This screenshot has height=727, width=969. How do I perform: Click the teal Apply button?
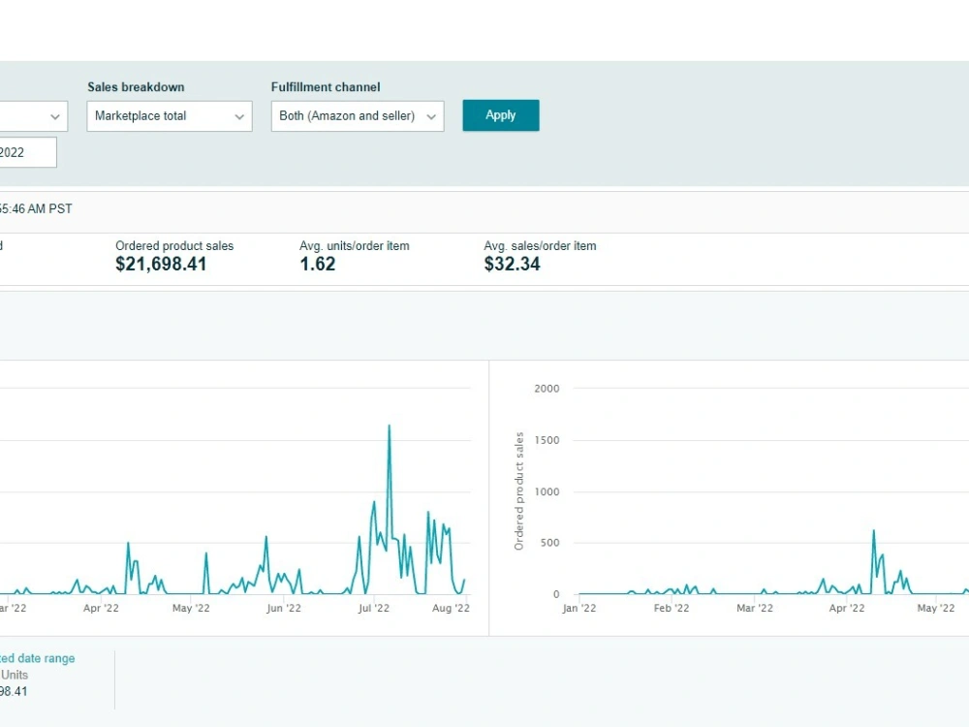point(501,115)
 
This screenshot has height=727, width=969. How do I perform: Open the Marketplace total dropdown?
point(170,116)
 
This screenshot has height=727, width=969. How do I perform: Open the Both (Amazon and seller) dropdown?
point(358,116)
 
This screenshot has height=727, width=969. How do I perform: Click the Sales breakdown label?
point(136,87)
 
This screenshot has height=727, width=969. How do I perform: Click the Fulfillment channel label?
point(326,87)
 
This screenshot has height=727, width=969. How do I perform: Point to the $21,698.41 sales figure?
point(161,264)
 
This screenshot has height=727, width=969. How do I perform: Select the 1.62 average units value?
point(318,264)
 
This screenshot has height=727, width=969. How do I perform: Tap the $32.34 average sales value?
point(513,264)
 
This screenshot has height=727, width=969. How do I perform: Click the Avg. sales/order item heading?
point(540,246)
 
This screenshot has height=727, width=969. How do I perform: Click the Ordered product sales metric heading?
point(174,246)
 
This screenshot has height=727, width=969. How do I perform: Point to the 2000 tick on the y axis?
point(547,389)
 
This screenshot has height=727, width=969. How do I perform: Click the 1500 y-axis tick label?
point(547,440)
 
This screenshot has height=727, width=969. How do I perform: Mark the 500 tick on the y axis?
point(550,543)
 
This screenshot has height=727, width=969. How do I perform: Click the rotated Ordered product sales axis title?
point(519,490)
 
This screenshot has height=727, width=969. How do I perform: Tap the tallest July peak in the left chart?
point(390,426)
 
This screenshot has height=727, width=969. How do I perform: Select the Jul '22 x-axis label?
point(374,609)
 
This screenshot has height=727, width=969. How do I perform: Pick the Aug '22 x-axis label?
point(452,609)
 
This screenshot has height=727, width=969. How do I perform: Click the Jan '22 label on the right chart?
point(579,609)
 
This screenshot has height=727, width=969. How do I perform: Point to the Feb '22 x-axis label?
point(672,609)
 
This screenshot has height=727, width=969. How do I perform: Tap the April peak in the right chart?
point(874,530)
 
